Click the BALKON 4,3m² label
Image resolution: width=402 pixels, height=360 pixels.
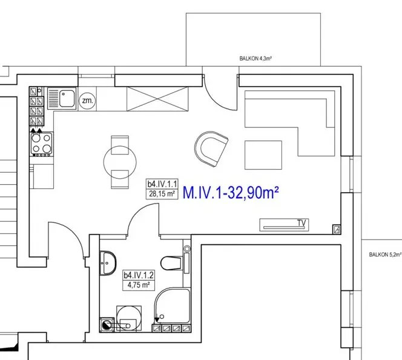tap(255, 59)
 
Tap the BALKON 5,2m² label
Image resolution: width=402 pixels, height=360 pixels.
tap(385, 255)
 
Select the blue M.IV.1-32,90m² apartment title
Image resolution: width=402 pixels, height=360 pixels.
tap(231, 193)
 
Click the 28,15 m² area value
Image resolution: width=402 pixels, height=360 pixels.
tap(162, 194)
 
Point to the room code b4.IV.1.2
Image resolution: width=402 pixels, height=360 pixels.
tap(139, 275)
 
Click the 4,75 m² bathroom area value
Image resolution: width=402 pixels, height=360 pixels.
tap(139, 285)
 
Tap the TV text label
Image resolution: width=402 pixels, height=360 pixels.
tap(301, 223)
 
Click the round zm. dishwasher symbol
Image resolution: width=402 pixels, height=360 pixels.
tap(87, 101)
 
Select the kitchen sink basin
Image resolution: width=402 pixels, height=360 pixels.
tap(67, 99)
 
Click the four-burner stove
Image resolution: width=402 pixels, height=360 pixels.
tap(42, 144)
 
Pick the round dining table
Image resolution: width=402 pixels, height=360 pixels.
tap(120, 162)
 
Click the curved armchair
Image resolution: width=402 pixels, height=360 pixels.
tap(211, 149)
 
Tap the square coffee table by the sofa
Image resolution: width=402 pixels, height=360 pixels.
tap(263, 155)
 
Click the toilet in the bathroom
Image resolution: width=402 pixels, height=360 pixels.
tap(172, 263)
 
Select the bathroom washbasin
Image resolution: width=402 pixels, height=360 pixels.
tap(108, 263)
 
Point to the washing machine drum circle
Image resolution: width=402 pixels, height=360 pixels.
tap(129, 318)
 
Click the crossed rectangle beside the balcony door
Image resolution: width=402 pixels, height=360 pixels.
tap(157, 99)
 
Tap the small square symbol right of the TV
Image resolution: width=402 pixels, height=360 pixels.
tap(337, 229)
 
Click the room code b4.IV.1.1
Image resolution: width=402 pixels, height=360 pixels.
tap(162, 184)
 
